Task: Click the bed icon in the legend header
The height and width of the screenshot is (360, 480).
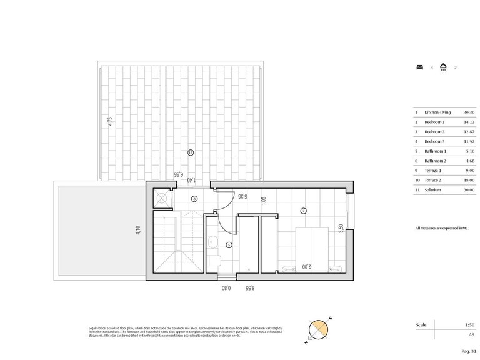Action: coord(419,67)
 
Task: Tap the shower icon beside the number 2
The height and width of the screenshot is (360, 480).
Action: coord(442,67)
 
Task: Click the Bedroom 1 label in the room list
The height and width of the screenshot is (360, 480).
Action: coord(435,122)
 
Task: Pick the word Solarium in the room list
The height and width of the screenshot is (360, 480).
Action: coord(432,189)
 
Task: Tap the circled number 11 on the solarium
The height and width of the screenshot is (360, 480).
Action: coord(191,152)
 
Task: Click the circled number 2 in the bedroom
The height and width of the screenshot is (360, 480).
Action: coord(303,211)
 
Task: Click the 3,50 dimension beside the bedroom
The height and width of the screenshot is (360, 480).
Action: coord(340,228)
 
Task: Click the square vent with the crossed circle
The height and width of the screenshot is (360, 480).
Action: coord(162,199)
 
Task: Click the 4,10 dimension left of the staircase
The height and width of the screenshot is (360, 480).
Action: coord(139,231)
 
